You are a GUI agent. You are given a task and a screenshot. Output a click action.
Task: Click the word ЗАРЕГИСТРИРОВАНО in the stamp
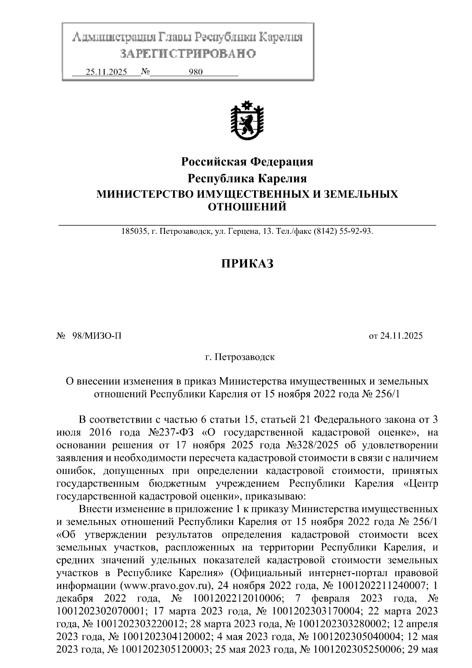[x=188, y=54]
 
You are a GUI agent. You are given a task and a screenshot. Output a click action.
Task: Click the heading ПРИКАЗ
[x=247, y=263]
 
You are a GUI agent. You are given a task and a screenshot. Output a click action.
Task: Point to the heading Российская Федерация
[x=247, y=161]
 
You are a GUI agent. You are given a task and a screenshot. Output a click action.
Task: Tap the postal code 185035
[x=133, y=231]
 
